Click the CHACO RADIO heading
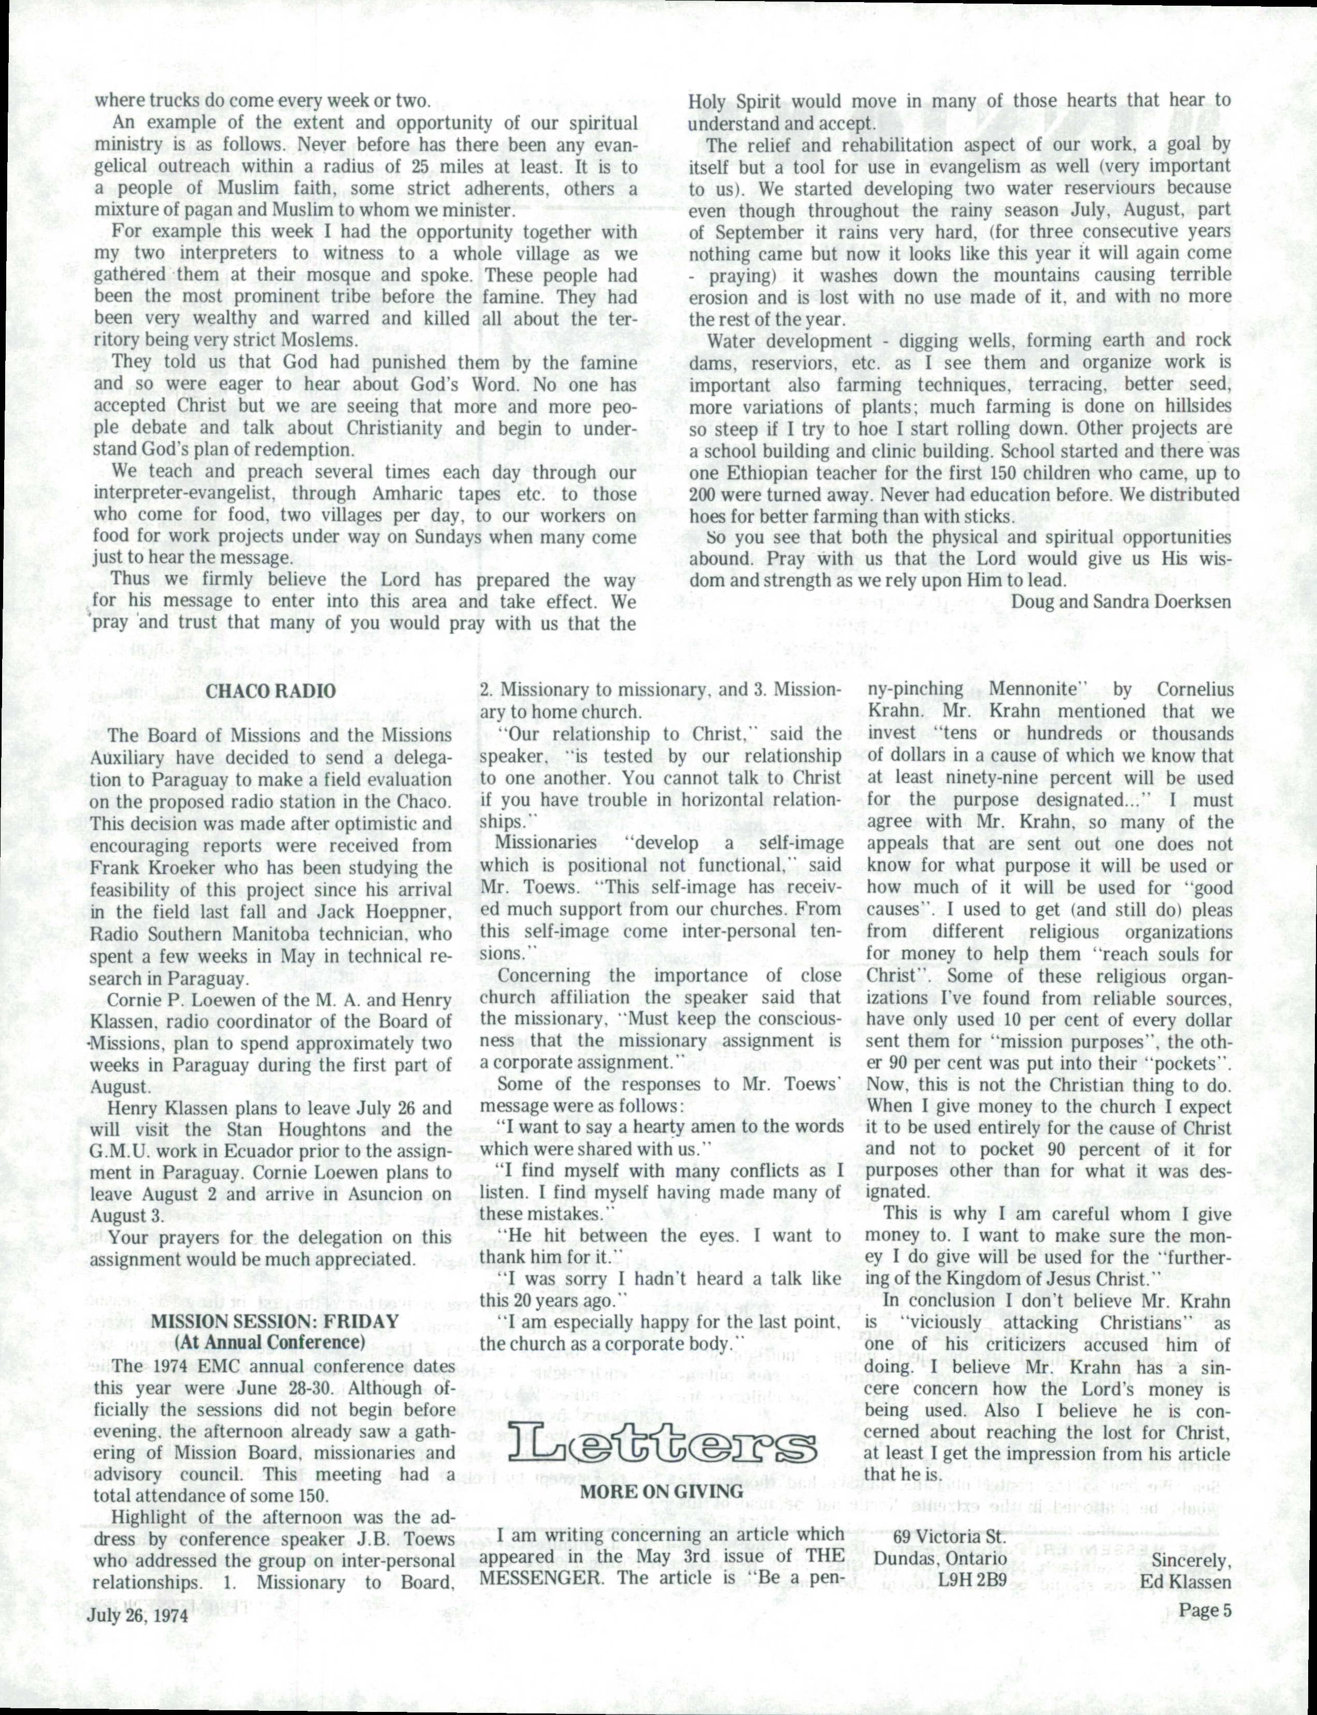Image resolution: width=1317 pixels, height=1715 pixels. point(270,691)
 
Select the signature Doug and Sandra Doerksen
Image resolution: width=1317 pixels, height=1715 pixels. point(1122,601)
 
